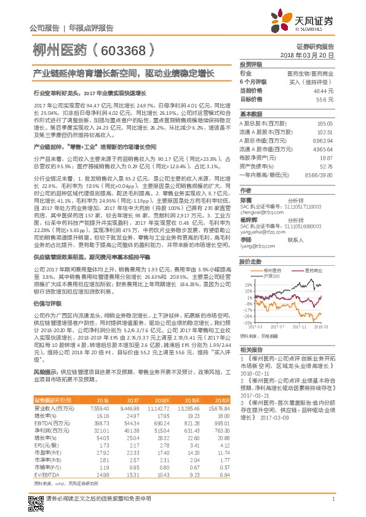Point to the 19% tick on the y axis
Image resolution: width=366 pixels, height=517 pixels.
(x=247, y=286)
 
